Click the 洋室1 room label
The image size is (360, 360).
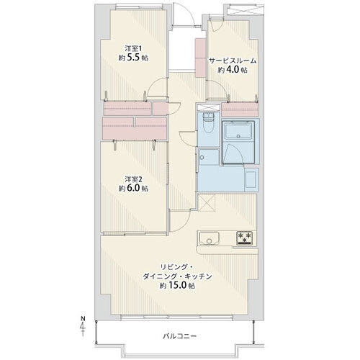tap(133, 48)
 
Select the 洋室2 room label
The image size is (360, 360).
tap(133, 179)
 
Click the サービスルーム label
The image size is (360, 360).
tap(233, 60)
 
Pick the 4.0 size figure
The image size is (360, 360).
tap(233, 70)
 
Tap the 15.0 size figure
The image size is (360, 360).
tap(177, 286)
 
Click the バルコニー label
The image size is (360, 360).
tap(180, 336)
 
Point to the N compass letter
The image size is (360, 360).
tap(83, 319)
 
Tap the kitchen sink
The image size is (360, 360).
tap(209, 238)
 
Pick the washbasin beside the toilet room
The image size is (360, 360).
tap(209, 157)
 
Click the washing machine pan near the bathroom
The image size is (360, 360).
tap(251, 180)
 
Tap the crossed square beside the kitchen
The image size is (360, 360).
tap(207, 202)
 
